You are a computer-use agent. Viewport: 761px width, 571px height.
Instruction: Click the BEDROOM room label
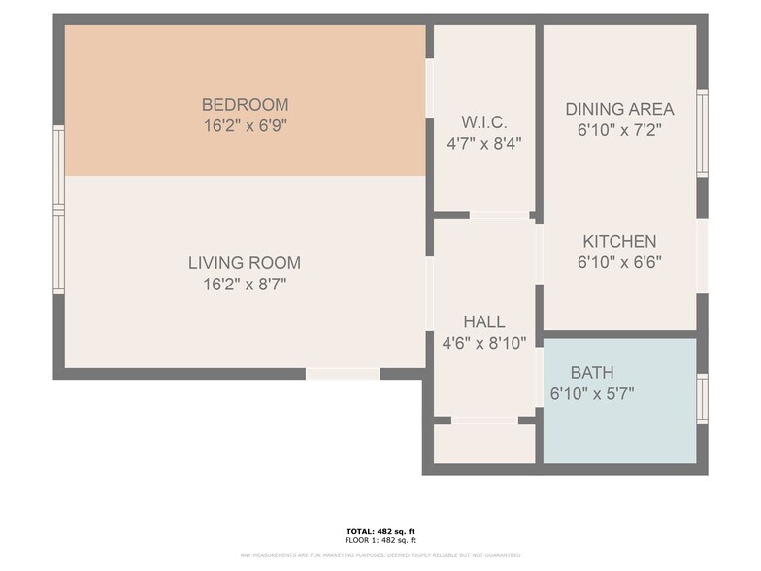point(245,105)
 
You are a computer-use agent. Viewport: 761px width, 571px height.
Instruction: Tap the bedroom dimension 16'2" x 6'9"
point(245,125)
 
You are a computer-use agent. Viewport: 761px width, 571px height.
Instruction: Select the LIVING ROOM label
point(245,263)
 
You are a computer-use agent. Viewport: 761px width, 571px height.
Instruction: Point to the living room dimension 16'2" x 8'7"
point(245,285)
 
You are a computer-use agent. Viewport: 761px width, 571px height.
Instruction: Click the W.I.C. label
point(483,122)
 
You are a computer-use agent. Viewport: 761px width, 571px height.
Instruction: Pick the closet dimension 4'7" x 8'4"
point(483,143)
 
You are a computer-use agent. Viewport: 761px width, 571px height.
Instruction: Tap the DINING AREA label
point(619,109)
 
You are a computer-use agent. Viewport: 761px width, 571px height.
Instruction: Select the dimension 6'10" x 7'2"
point(619,130)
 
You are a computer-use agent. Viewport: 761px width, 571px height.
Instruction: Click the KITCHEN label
point(619,241)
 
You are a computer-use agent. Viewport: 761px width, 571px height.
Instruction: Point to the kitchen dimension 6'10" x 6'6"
point(619,261)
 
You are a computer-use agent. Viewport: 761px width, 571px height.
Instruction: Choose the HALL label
point(483,321)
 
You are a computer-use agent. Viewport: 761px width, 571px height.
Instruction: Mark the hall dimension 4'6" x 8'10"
point(483,342)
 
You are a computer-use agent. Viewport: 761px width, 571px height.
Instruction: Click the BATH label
point(591,372)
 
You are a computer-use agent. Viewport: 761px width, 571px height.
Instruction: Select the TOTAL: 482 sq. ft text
point(380,531)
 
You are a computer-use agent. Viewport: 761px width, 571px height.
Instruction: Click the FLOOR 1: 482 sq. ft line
point(380,540)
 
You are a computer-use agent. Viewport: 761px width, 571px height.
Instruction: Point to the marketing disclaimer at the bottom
point(380,554)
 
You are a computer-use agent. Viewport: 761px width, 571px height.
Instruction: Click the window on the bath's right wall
point(702,399)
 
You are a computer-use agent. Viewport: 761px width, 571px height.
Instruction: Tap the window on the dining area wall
point(702,133)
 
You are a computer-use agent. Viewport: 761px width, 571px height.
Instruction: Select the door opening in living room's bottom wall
point(343,374)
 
